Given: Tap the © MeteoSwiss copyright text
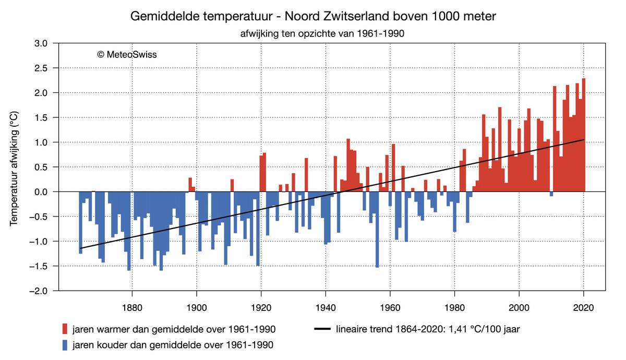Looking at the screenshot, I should tap(127, 54).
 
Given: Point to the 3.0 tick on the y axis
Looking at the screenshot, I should tap(41, 43).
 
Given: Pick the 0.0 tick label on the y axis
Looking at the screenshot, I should tap(41, 192).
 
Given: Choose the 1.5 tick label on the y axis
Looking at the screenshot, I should tap(41, 118).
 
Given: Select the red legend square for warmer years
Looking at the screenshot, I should tap(65, 329).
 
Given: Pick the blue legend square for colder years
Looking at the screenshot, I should tap(65, 345).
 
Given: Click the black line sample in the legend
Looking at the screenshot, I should tap(323, 329).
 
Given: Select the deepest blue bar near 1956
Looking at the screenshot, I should tap(377, 230).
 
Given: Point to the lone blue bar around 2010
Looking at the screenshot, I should tap(551, 194).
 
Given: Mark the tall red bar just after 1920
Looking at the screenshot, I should tap(264, 172).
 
